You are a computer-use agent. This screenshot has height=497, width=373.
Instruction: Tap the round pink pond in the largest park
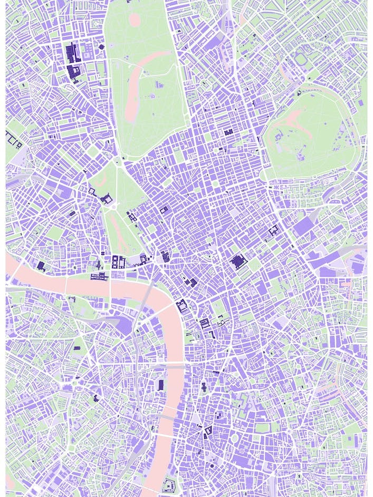pos(135,20)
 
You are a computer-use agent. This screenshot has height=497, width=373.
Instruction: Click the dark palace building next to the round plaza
pos(107,199)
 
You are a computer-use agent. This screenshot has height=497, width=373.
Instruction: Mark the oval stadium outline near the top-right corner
pos(302,59)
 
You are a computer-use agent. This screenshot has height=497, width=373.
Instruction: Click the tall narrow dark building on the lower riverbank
pos(161,385)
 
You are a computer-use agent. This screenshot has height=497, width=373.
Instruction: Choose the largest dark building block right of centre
pos(238,261)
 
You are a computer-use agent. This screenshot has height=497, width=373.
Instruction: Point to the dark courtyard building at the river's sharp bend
pos(182,306)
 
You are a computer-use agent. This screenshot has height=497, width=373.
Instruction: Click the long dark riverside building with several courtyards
pos(99,277)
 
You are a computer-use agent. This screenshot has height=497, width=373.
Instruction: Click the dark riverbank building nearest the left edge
pos(41,266)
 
